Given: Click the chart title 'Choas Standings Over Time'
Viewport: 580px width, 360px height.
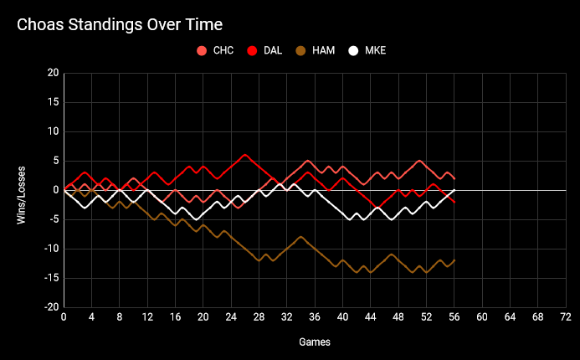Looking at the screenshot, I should tap(124, 26).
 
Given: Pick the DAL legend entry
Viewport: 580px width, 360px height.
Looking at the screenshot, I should tap(273, 50).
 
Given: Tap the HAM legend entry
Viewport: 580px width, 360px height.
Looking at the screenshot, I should tap(323, 50).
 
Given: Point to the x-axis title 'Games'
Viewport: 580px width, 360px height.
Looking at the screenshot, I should tap(315, 342).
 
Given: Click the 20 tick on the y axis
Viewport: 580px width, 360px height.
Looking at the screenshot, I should tap(53, 74).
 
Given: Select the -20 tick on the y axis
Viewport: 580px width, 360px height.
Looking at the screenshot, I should tap(50, 307).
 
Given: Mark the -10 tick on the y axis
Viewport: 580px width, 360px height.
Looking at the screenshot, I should tap(50, 249).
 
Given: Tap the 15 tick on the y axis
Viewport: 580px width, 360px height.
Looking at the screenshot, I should tap(53, 103).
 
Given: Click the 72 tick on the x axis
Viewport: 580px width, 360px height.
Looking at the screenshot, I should tap(566, 318).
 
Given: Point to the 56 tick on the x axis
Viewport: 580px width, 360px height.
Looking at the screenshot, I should tap(454, 318).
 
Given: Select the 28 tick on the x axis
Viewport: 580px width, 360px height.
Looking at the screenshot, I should tap(259, 318).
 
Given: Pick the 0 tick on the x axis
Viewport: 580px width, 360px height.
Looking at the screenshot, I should tap(64, 318).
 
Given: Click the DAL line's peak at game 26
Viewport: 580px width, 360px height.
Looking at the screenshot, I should tap(245, 155).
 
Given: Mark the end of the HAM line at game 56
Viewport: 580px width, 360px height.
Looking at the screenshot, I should tap(454, 260).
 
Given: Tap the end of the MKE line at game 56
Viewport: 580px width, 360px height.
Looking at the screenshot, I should tap(454, 190).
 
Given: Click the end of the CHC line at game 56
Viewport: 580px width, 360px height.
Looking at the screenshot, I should tap(454, 178).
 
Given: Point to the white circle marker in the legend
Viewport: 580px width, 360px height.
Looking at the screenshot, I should tap(354, 50).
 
